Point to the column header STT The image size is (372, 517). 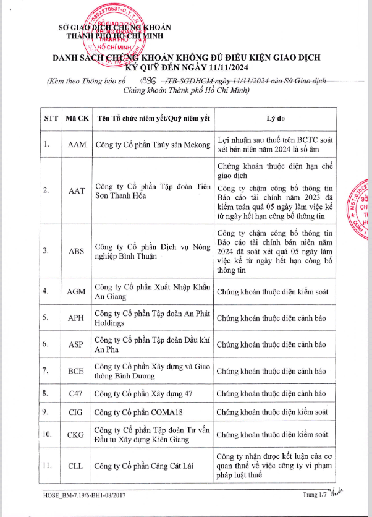click(51, 117)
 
